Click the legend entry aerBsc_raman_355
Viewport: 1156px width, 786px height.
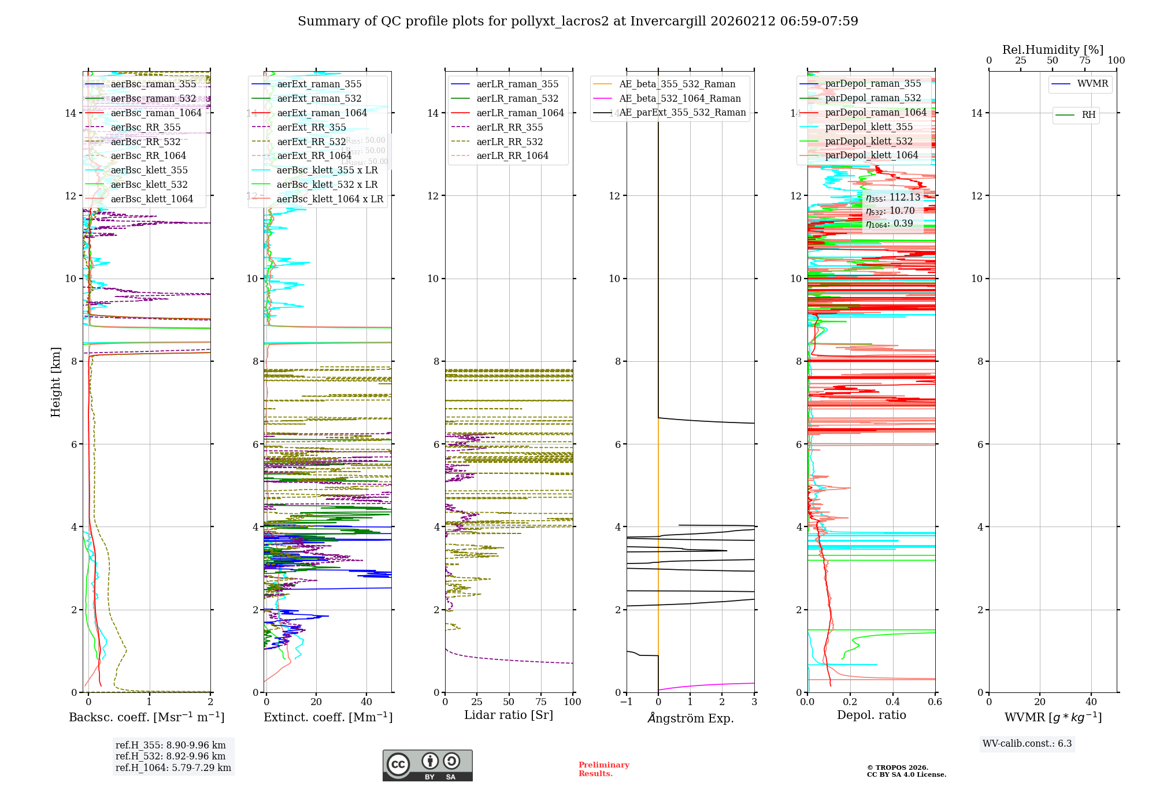point(153,84)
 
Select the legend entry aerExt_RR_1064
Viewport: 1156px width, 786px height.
point(314,155)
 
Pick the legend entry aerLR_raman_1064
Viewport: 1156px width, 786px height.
point(520,113)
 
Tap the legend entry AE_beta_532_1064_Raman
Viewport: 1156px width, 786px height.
point(680,98)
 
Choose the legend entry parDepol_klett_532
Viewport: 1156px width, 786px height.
point(868,141)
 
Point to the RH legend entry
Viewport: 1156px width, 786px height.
point(1088,115)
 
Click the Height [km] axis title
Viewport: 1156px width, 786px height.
point(55,382)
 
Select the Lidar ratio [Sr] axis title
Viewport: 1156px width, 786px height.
point(509,715)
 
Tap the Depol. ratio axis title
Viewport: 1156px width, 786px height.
point(871,715)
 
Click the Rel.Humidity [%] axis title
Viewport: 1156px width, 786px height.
point(1053,50)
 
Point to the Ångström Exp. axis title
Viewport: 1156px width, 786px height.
point(690,718)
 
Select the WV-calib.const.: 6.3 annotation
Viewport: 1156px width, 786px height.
point(1027,744)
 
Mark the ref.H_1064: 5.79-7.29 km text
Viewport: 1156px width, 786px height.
point(173,768)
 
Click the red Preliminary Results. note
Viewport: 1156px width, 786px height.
point(603,769)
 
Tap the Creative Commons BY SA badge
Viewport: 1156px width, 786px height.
point(427,766)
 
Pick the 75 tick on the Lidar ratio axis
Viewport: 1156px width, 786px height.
point(541,702)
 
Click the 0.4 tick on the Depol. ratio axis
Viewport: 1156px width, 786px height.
point(892,702)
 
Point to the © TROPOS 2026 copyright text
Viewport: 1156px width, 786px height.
point(897,768)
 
